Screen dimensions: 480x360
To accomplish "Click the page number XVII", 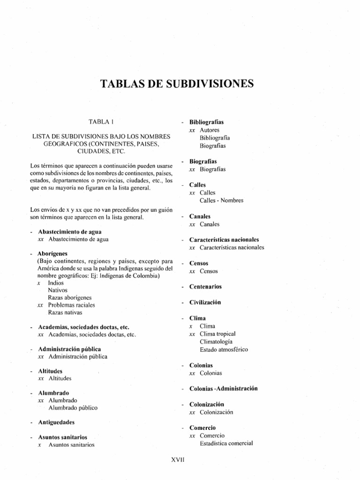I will (x=180, y=460).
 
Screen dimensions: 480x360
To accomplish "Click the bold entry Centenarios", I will (x=205, y=286).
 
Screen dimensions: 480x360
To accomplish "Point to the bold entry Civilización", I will (x=205, y=302).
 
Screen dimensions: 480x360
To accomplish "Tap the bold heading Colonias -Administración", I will (x=224, y=389).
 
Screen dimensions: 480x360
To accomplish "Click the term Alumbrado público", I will (x=73, y=408).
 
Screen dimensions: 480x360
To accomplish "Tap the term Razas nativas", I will (x=65, y=312).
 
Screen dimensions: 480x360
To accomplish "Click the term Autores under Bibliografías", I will (x=209, y=130).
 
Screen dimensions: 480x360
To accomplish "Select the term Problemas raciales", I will (x=71, y=305).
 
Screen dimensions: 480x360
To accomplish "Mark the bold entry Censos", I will (x=200, y=263).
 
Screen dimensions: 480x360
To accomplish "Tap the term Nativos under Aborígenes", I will (x=58, y=290).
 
